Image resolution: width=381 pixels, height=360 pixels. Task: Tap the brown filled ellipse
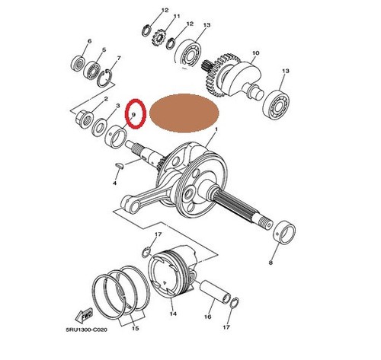pos(184,113)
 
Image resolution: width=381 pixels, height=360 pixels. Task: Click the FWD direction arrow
pos(84,315)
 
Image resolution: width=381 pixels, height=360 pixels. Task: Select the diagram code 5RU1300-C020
pos(86,330)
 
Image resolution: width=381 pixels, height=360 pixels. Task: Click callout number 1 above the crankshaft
pos(216,129)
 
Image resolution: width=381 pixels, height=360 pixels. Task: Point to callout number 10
pos(256,53)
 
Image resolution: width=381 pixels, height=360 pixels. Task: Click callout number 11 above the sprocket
pos(177,16)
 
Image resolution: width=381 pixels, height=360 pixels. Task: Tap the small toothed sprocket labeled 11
pos(159,37)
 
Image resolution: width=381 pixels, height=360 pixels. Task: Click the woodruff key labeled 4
pos(119,165)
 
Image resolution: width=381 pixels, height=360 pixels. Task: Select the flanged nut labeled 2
pos(85,119)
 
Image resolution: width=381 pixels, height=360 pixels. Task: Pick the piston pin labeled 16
pos(216,292)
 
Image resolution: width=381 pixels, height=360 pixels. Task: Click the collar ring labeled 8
pos(285,232)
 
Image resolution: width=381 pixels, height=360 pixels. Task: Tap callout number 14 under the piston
pos(173,314)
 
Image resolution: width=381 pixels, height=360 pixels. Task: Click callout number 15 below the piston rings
pos(136,328)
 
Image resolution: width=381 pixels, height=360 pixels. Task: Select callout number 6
pos(89,41)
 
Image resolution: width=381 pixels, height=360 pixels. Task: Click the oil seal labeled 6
pos(78,64)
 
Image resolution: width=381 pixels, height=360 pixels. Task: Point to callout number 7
pos(119,58)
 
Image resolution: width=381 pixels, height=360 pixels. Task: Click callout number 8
pos(271,263)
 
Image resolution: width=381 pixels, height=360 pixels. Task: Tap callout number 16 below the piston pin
pos(207,317)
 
